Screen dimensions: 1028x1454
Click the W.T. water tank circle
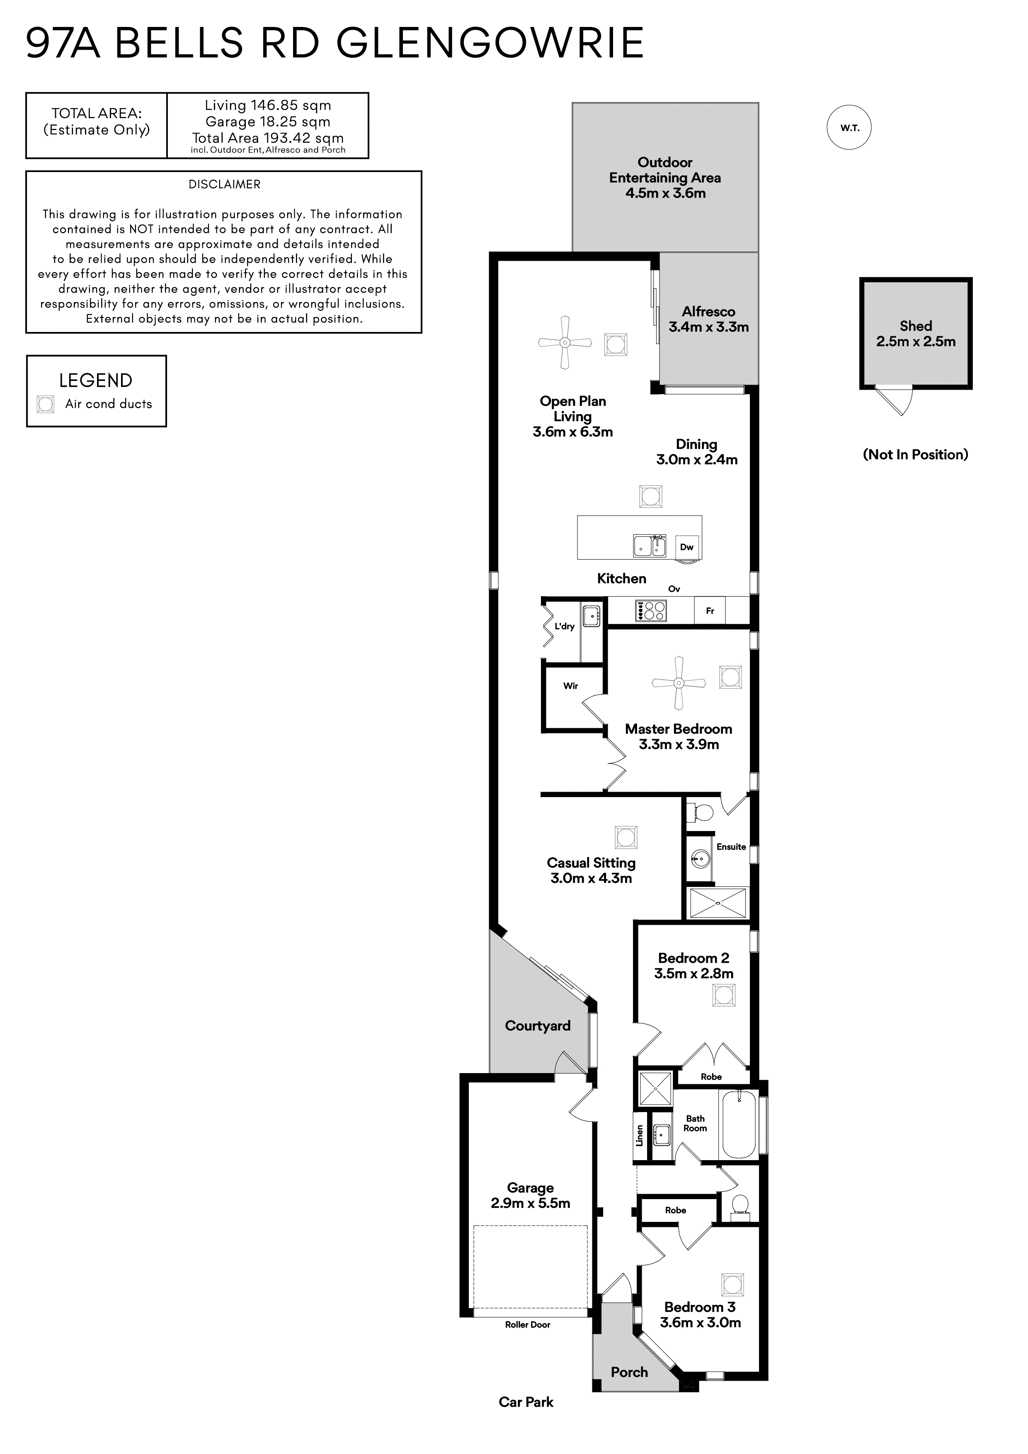[x=849, y=128]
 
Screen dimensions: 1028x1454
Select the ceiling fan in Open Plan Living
[x=565, y=343]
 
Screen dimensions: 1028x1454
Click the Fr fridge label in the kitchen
[x=710, y=611]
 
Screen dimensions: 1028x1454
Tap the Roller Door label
[x=528, y=1325]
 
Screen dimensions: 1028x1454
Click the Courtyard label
[x=538, y=1026]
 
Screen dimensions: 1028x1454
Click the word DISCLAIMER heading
[x=224, y=184]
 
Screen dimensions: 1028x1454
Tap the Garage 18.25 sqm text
[x=268, y=121]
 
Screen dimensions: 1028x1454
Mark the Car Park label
[x=526, y=1402]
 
